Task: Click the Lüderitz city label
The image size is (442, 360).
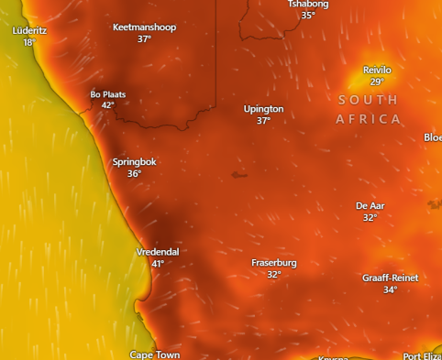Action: (x=28, y=30)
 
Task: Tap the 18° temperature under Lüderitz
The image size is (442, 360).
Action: (x=28, y=42)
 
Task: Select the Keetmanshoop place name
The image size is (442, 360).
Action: (x=144, y=27)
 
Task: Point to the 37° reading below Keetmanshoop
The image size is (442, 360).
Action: (x=144, y=39)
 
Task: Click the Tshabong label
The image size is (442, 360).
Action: (x=308, y=5)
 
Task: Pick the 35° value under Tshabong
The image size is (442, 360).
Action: (x=308, y=16)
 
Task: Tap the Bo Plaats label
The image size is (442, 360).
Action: (x=108, y=94)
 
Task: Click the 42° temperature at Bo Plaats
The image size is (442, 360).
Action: (x=108, y=105)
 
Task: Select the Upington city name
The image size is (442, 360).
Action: (x=263, y=109)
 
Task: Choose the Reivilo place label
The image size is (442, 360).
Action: (x=377, y=70)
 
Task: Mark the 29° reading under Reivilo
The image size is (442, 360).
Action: (x=377, y=82)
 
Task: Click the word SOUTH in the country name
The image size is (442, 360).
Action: (x=369, y=99)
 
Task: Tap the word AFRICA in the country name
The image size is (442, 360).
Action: (x=369, y=119)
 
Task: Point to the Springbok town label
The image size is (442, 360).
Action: (x=135, y=162)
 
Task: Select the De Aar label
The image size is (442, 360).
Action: (x=370, y=206)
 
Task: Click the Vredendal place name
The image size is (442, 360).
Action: (x=158, y=252)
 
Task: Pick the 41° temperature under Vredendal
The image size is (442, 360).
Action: (x=158, y=264)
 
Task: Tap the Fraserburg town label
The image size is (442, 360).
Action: (x=274, y=263)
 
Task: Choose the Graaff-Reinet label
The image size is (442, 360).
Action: (x=390, y=278)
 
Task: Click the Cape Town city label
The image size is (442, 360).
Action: (x=154, y=355)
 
